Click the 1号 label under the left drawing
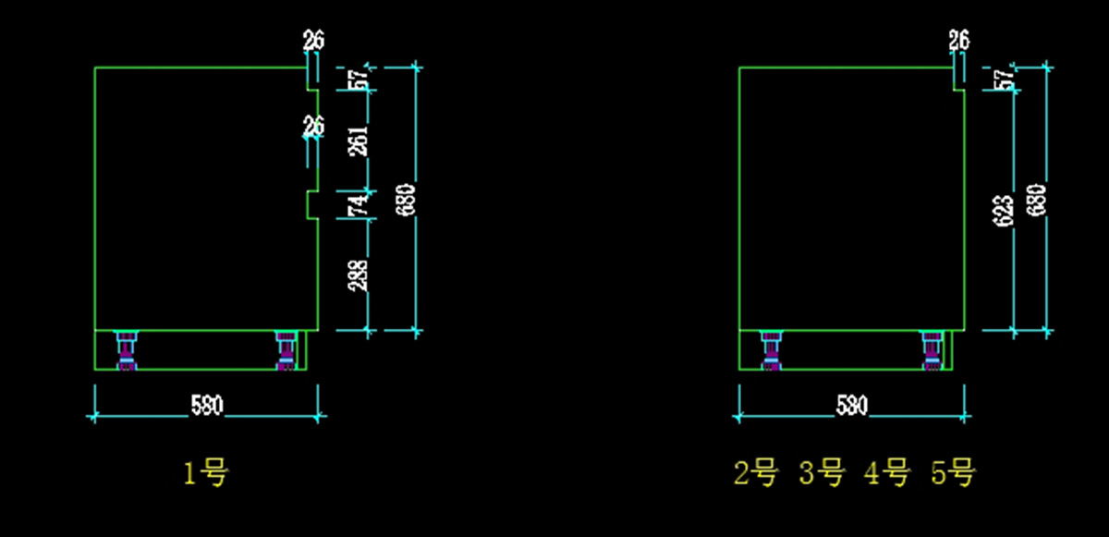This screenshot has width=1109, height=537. pyautogui.click(x=206, y=474)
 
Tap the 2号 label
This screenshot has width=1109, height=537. pyautogui.click(x=756, y=474)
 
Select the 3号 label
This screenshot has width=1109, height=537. pyautogui.click(x=822, y=474)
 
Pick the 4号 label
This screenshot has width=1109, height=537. pyautogui.click(x=886, y=474)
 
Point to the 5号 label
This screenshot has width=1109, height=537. pyautogui.click(x=953, y=474)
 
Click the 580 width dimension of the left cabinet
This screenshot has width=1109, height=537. pyautogui.click(x=206, y=405)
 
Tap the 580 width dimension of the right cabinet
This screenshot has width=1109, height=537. pyautogui.click(x=850, y=405)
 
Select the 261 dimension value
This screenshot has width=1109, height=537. pyautogui.click(x=360, y=140)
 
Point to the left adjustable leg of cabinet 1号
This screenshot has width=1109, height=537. pyautogui.click(x=126, y=350)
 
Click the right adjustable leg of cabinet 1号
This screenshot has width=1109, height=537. pyautogui.click(x=286, y=350)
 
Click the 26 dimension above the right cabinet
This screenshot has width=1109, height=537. pyautogui.click(x=959, y=40)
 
